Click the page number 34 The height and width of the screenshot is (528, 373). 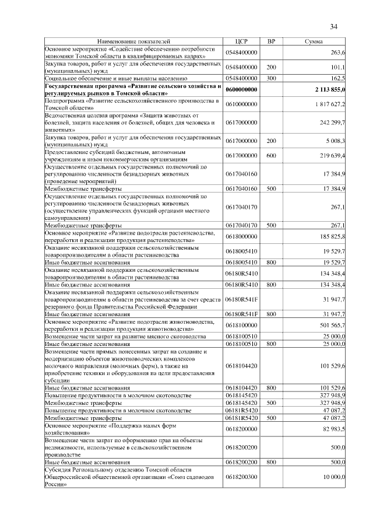334,26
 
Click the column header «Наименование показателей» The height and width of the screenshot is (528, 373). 134,42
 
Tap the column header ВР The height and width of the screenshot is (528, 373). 270,42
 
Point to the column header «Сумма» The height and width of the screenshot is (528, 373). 314,42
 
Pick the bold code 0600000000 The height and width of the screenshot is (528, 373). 241,90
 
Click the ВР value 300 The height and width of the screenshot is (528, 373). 271,78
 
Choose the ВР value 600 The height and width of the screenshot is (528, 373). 271,156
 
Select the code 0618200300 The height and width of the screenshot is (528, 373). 241,477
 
